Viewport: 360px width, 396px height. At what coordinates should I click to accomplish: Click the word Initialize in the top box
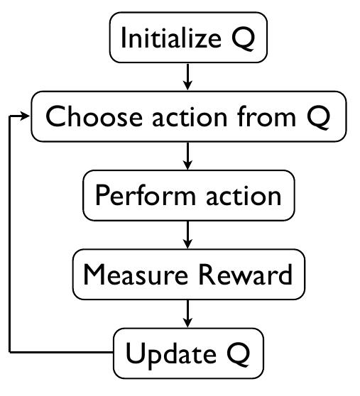click(x=171, y=38)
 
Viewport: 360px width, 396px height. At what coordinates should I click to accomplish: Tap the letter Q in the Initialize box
click(x=243, y=38)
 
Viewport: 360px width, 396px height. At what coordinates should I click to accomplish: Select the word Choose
click(x=94, y=116)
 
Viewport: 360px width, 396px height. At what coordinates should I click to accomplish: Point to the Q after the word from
click(x=318, y=117)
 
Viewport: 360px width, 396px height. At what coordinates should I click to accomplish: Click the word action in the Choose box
click(x=190, y=117)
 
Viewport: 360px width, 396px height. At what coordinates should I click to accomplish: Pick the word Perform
click(x=146, y=195)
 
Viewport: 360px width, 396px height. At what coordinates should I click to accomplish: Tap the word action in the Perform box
click(x=244, y=196)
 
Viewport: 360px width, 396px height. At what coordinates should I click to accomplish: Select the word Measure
click(x=136, y=275)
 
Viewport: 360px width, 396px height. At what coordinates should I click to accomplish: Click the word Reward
click(x=246, y=275)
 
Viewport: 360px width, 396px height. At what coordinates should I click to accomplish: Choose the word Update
click(x=171, y=354)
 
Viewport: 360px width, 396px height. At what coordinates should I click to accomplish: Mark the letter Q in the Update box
click(x=239, y=354)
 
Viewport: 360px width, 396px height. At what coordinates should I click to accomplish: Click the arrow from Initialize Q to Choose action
click(x=187, y=77)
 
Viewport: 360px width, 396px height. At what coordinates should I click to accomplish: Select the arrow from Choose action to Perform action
click(x=187, y=156)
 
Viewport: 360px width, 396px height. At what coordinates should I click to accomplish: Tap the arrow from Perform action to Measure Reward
click(x=187, y=235)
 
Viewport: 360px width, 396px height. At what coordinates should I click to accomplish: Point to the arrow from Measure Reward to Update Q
click(x=187, y=314)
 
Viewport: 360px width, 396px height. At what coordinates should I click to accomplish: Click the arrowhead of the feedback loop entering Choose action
click(x=26, y=116)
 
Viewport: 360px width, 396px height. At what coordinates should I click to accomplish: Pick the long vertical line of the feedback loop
click(x=10, y=234)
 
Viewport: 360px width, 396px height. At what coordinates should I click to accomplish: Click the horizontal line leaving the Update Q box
click(x=61, y=352)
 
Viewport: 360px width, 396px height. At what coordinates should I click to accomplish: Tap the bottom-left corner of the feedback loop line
click(x=10, y=352)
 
